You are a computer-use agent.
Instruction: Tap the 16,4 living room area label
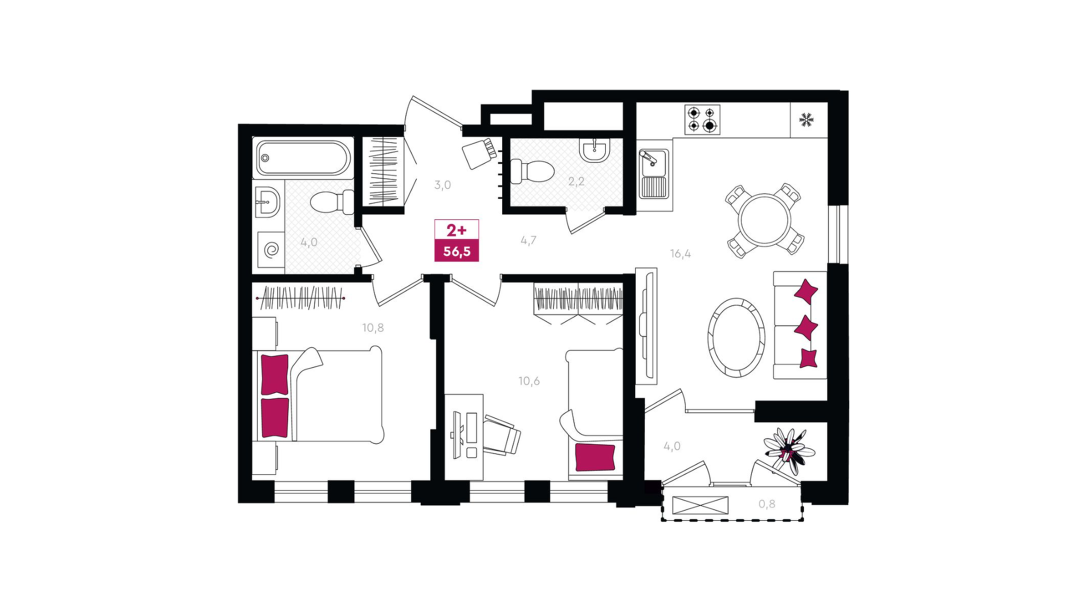(681, 254)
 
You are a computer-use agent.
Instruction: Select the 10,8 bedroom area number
(373, 328)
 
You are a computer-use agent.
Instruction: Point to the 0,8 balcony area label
(767, 504)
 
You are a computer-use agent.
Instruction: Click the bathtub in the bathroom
(303, 158)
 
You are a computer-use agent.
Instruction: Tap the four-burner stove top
(703, 120)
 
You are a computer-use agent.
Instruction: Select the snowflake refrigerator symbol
(806, 120)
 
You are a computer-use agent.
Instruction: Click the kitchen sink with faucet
(654, 173)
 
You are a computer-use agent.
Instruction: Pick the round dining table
(765, 219)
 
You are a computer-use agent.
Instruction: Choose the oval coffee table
(736, 337)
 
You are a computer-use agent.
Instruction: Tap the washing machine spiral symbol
(272, 249)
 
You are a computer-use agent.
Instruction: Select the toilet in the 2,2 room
(532, 171)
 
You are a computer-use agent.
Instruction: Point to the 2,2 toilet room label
(576, 181)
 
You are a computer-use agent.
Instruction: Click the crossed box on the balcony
(700, 505)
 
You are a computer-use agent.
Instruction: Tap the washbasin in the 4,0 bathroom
(267, 202)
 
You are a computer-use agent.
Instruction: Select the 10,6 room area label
(529, 381)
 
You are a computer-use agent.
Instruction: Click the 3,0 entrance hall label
(443, 185)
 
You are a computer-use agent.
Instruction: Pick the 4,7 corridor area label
(528, 240)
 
